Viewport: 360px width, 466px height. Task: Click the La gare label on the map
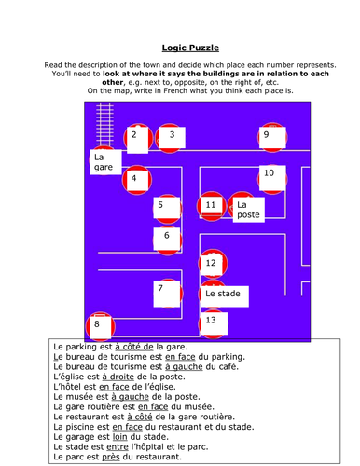click(104, 162)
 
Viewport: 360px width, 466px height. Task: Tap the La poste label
click(247, 210)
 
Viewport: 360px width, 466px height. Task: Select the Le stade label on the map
click(224, 295)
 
